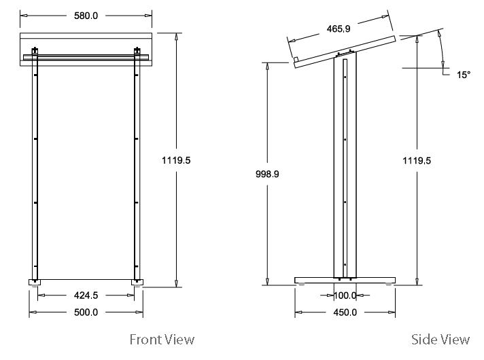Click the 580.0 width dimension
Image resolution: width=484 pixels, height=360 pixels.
[86, 15]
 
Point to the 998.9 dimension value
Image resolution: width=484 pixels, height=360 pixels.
[266, 174]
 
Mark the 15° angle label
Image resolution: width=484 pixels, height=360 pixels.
[463, 75]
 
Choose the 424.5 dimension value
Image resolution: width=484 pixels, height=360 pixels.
[86, 295]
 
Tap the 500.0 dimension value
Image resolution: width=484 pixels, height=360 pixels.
[86, 312]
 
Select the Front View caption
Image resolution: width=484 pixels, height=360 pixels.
[162, 339]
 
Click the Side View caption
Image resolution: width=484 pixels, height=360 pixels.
[440, 339]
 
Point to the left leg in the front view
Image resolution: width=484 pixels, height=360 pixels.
[35, 170]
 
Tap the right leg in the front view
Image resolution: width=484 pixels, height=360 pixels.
[137, 170]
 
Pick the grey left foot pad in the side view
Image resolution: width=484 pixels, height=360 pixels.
[301, 285]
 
